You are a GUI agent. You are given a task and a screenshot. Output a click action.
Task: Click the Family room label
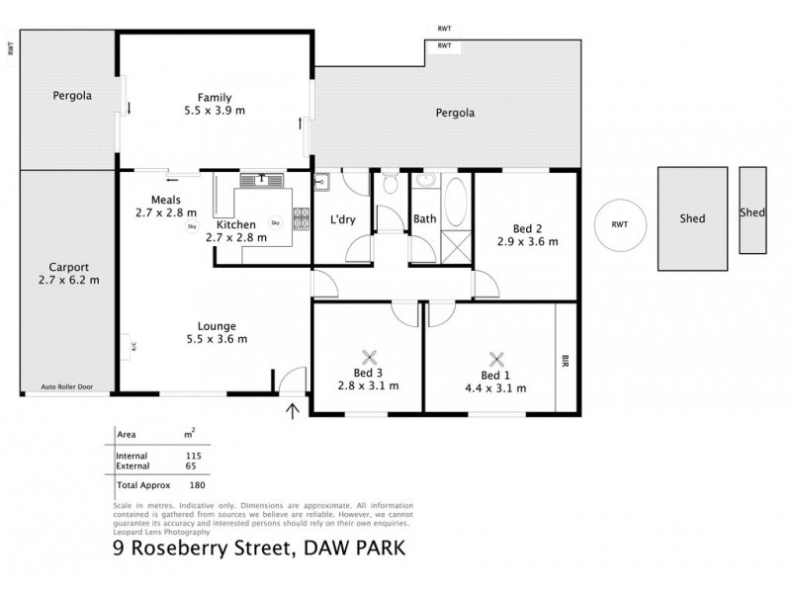click(214, 98)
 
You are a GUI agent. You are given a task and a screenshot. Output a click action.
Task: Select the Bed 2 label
click(527, 228)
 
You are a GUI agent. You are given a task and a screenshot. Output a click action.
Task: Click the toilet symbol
click(392, 183)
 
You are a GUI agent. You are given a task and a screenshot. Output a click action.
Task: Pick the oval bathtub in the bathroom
click(457, 203)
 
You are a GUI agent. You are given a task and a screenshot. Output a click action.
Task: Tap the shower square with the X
click(457, 243)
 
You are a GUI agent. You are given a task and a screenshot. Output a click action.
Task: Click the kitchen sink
click(264, 180)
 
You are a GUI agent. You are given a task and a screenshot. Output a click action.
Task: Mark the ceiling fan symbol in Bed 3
click(370, 359)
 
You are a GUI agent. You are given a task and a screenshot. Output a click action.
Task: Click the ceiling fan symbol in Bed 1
click(495, 360)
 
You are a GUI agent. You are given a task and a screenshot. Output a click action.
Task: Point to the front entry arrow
click(293, 408)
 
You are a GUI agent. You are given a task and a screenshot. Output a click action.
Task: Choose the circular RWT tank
click(619, 225)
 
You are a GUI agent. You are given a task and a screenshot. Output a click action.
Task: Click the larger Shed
click(693, 218)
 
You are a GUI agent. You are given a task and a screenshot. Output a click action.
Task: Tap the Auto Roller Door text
click(67, 387)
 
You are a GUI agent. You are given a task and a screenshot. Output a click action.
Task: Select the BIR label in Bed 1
click(566, 359)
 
